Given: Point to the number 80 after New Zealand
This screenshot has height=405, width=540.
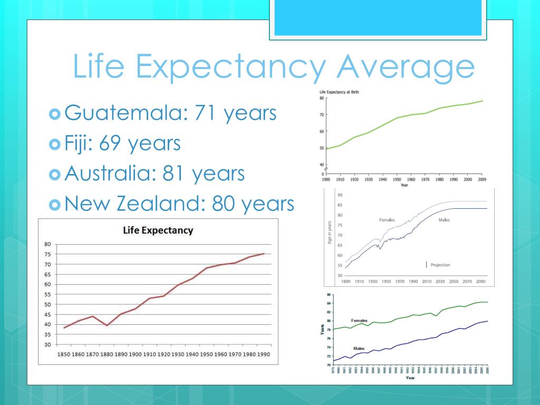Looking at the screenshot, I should [224, 204].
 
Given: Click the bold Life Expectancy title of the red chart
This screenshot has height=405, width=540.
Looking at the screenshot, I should [158, 230].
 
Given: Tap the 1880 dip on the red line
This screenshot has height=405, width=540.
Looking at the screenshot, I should [107, 325].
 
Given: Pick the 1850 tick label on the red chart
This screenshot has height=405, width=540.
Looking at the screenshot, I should [64, 354].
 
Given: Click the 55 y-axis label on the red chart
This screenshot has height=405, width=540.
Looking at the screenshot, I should [47, 294].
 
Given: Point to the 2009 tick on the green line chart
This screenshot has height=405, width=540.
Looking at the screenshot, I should [482, 180].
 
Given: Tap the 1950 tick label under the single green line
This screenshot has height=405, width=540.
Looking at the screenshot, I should [398, 180].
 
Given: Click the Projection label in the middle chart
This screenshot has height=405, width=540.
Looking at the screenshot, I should [440, 265].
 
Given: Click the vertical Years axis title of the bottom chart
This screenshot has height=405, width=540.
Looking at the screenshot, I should [322, 330].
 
